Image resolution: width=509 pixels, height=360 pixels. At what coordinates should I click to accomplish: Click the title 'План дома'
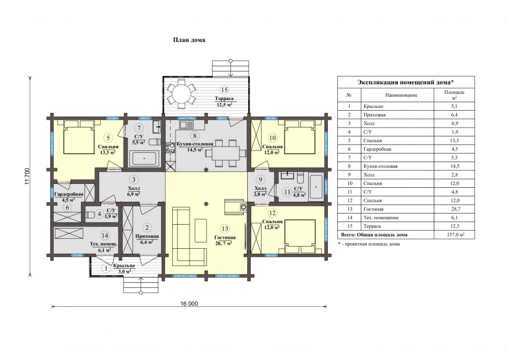[x=188, y=40]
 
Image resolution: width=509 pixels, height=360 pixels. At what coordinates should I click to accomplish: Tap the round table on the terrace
[x=181, y=94]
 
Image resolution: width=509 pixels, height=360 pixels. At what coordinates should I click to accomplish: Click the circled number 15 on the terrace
[x=224, y=90]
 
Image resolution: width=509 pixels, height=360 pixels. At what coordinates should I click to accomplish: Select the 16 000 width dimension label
[x=189, y=304]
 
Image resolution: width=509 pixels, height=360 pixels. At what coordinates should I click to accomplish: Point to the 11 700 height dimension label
[x=27, y=177]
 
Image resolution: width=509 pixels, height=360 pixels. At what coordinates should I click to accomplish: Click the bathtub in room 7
[x=144, y=158]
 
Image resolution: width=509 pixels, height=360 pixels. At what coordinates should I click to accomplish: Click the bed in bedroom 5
[x=78, y=137]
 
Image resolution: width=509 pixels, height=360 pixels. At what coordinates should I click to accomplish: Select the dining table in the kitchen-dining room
[x=227, y=153]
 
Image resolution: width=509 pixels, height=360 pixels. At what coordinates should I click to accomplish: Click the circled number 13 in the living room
[x=225, y=229]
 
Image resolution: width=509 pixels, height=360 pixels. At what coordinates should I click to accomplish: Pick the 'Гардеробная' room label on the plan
[x=69, y=194]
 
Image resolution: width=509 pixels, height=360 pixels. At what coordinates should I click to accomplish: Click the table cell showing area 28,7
[x=454, y=209]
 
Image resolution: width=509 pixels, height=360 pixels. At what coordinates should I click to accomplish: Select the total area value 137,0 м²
[x=454, y=234]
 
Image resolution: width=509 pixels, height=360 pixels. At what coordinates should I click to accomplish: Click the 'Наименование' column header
[x=401, y=95]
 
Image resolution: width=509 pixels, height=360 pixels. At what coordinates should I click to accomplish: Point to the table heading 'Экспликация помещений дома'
[x=405, y=82]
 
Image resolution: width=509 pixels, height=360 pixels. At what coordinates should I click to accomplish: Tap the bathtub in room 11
[x=316, y=187]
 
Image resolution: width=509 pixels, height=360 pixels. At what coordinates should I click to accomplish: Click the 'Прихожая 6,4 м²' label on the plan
[x=147, y=239]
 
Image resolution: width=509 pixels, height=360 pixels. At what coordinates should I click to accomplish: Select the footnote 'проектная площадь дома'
[x=370, y=244]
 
